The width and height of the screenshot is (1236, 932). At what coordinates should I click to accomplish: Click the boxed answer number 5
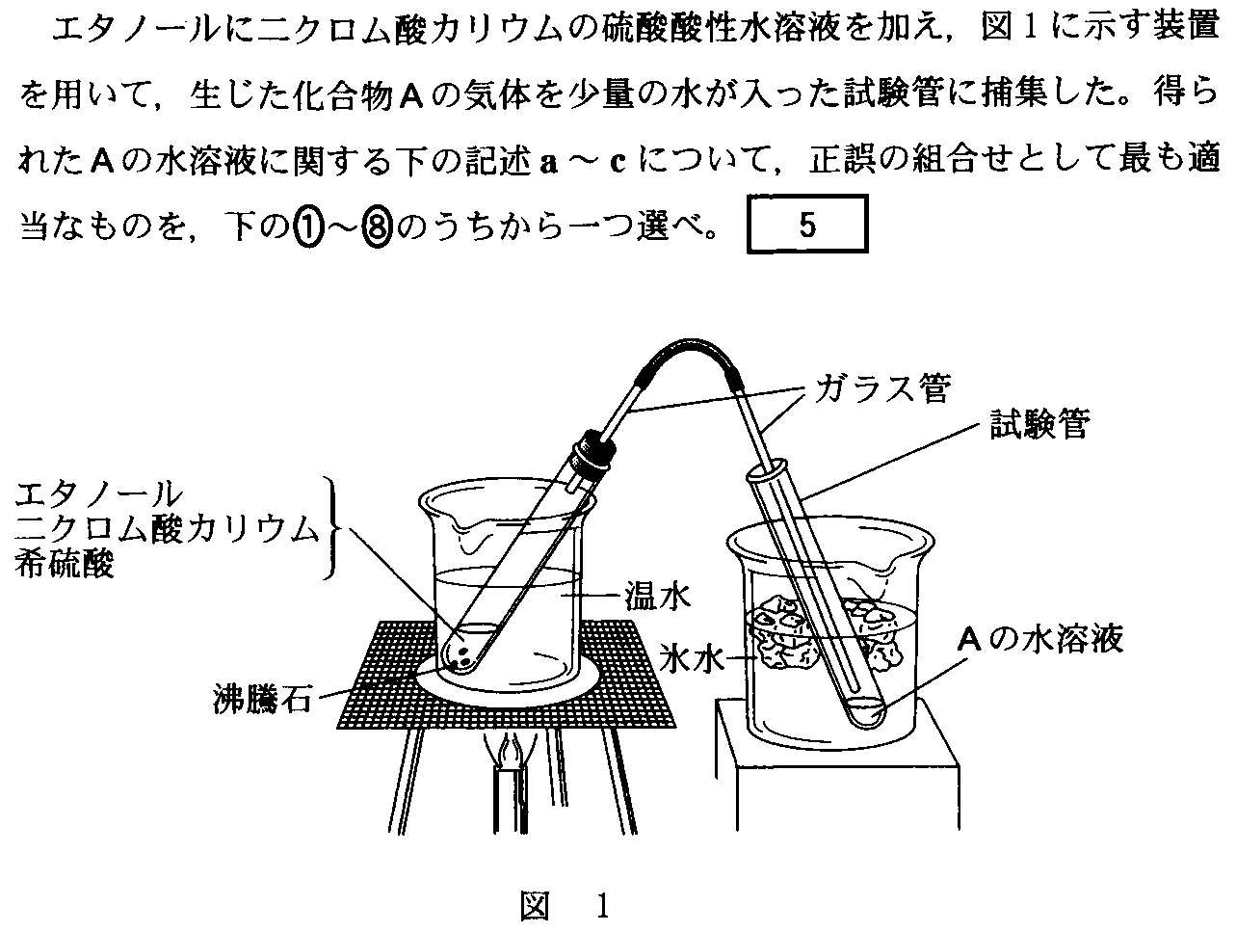pos(807,226)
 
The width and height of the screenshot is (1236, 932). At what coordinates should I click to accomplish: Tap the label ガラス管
pos(883,388)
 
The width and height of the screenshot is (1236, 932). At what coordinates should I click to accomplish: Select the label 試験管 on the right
pos(1040,425)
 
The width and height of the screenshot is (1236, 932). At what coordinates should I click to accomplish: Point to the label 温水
pos(658,597)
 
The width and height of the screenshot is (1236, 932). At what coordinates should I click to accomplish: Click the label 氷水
pos(692,657)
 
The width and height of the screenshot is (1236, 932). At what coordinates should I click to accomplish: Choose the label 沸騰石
pos(262,699)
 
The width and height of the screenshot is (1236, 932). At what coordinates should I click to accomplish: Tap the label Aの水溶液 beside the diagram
pos(1041,639)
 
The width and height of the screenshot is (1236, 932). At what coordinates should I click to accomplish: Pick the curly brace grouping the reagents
pos(332,528)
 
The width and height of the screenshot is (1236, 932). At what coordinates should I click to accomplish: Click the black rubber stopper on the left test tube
pos(592,450)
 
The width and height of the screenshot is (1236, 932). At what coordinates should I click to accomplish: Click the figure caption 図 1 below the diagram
pos(565,906)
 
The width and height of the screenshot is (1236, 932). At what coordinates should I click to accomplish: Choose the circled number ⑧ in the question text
pos(377,226)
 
